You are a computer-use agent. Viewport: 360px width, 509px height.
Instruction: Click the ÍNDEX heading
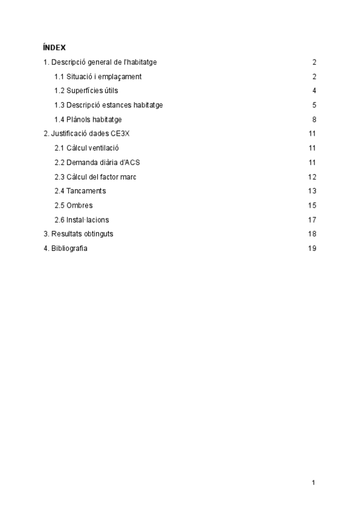coord(55,47)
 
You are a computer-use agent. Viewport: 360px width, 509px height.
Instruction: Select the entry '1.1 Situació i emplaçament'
coord(98,77)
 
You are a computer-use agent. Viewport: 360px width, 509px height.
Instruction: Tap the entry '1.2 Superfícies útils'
coord(86,91)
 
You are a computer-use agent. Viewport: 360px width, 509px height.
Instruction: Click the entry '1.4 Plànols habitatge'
coord(88,119)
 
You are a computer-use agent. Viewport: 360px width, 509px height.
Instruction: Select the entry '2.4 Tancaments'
coord(80,191)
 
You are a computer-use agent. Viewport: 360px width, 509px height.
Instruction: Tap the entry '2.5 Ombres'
coord(73,205)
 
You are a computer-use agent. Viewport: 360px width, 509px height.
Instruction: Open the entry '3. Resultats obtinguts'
coord(74,234)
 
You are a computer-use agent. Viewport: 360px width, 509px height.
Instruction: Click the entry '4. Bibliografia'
coord(65,248)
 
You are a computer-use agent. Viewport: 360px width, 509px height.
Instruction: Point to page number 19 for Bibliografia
coord(312,248)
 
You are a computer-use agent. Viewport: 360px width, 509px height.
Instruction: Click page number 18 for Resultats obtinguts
coord(312,234)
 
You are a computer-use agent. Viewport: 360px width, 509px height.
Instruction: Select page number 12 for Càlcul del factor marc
coord(312,177)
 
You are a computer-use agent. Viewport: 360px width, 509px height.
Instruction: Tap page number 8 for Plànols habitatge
coord(314,119)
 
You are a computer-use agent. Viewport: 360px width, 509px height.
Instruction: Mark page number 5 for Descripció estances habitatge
coord(314,105)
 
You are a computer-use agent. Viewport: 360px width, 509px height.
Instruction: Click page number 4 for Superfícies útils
coord(314,91)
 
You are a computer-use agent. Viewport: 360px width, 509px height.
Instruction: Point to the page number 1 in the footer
coord(314,483)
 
